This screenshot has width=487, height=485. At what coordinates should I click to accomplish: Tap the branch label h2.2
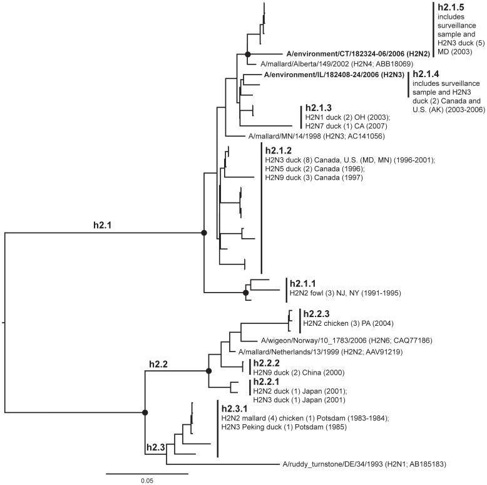tap(160, 362)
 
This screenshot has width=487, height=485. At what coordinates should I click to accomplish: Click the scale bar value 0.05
tap(146, 481)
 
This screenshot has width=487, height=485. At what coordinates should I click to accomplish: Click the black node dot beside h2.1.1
tap(245, 293)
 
